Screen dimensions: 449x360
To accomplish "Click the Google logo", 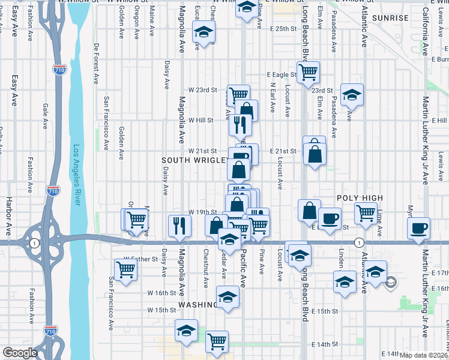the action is tap(20, 353).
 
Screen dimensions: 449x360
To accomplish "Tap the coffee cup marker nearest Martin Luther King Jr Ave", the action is tap(418, 227).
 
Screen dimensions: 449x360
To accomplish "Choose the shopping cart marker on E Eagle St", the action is tap(308, 72).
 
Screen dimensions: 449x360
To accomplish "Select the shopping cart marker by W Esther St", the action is tap(125, 269).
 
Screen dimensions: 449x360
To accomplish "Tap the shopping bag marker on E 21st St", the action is tap(315, 152).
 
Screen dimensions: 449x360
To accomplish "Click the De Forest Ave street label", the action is tap(95, 63).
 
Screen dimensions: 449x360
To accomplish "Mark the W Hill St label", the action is tap(201, 120).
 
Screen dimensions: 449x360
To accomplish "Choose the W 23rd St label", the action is tap(202, 90).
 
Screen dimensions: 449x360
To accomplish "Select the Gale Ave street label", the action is tap(45, 116).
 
